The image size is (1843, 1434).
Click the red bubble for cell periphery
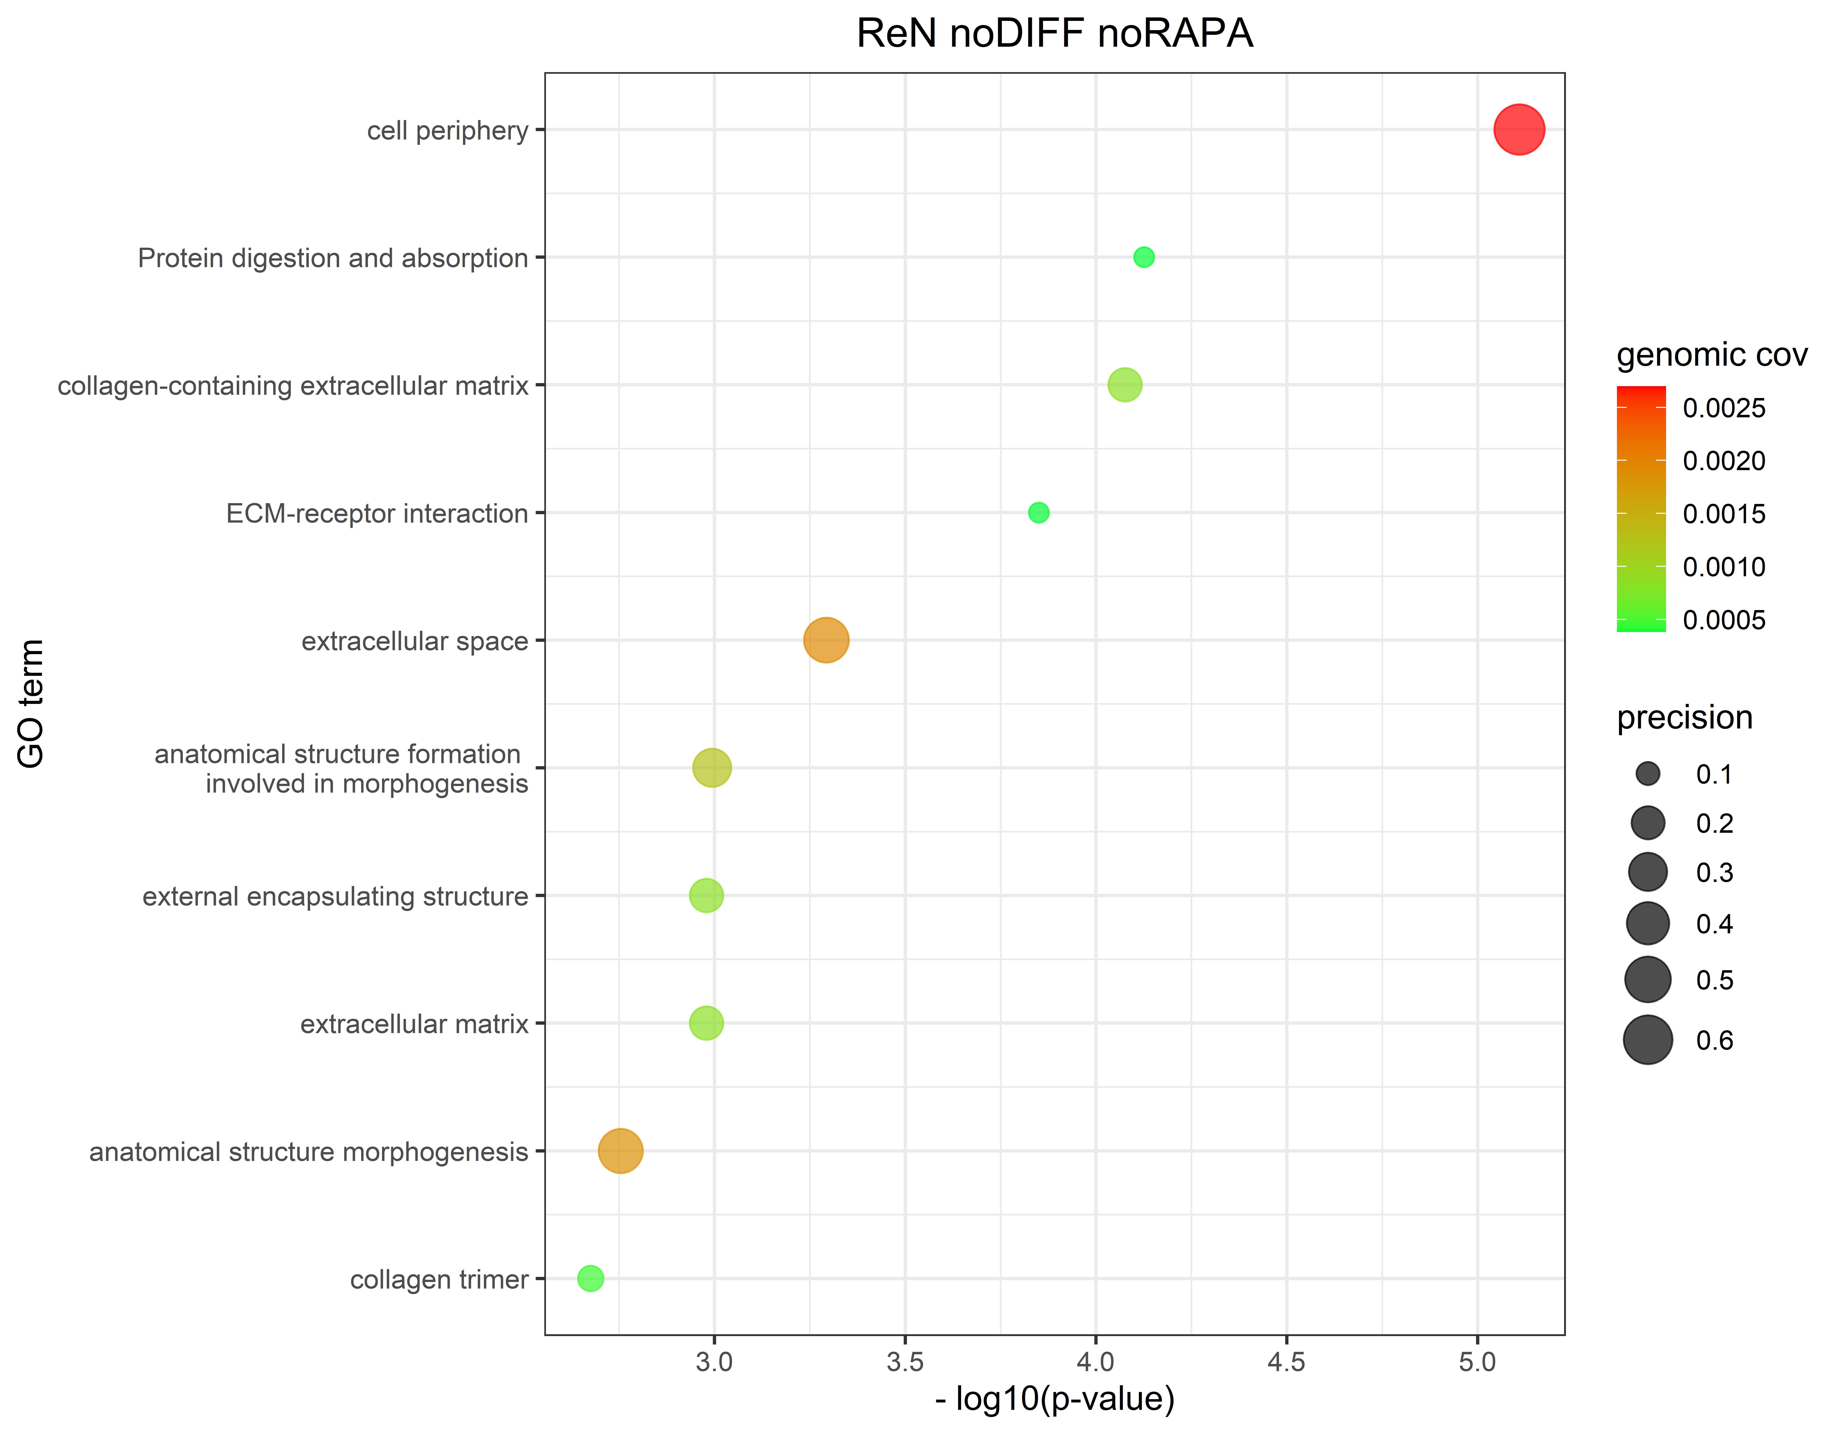[x=1519, y=130]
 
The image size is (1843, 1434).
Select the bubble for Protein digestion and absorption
[x=1143, y=258]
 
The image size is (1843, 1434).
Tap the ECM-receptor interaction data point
[x=1038, y=512]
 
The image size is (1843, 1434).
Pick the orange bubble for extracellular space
[x=825, y=641]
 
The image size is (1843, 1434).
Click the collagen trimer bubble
[x=591, y=1279]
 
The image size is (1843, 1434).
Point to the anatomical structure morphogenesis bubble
[x=620, y=1150]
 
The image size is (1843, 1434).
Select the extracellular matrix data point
[x=706, y=1023]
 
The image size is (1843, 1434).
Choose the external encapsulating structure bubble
[x=706, y=895]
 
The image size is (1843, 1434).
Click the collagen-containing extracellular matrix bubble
[x=1124, y=385]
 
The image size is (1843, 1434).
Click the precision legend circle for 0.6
[x=1647, y=1040]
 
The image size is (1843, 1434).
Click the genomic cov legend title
[x=1711, y=355]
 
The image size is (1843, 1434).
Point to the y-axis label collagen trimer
[x=439, y=1280]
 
